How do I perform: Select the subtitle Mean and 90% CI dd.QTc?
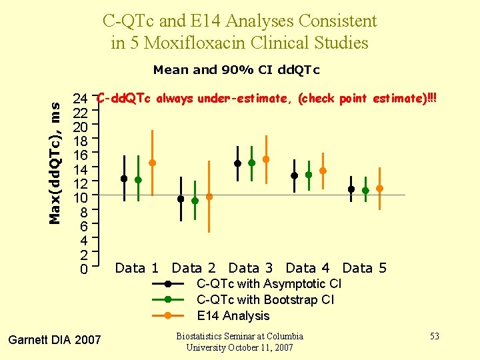pos(236,69)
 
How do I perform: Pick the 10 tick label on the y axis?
pos(81,198)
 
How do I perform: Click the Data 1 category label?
pos(137,268)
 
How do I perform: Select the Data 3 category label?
pos(251,268)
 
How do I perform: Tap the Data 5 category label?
pos(364,268)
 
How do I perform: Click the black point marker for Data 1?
pos(124,179)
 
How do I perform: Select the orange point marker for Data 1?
pos(152,163)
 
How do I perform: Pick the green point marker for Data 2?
pos(195,201)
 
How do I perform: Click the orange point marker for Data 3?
pos(266,159)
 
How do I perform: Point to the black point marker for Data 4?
pos(295,176)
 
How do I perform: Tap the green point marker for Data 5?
pos(365,191)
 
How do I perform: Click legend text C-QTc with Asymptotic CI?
pos(269,284)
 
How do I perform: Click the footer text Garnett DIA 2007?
pos(54,340)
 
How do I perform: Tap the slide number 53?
pos(434,336)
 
